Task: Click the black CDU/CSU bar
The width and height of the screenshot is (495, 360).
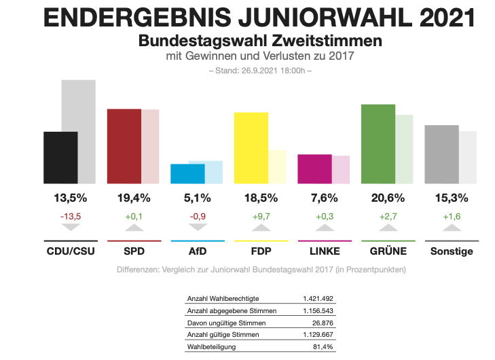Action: coord(60,158)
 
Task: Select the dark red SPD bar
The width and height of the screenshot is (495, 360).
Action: coord(124,146)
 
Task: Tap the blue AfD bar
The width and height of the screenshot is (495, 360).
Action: coord(187,174)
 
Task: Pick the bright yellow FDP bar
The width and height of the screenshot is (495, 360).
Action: coord(251,148)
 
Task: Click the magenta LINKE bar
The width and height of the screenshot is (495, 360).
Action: coord(315,169)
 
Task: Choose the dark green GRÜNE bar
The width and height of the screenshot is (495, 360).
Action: coord(378,144)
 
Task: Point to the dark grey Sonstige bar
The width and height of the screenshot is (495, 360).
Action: coord(441,154)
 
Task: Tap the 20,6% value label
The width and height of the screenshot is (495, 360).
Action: coord(388,198)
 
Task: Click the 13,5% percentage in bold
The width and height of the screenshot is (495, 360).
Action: coord(70,198)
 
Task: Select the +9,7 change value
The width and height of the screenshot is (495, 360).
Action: coord(261,216)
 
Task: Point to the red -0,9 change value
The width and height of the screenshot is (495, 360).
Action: coord(197,216)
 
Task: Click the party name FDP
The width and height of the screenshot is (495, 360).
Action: coord(261,251)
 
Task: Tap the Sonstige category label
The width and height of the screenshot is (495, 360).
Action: coord(452,251)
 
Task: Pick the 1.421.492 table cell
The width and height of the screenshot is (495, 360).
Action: coord(318,299)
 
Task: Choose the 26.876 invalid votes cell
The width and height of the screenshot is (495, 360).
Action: coord(322,323)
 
